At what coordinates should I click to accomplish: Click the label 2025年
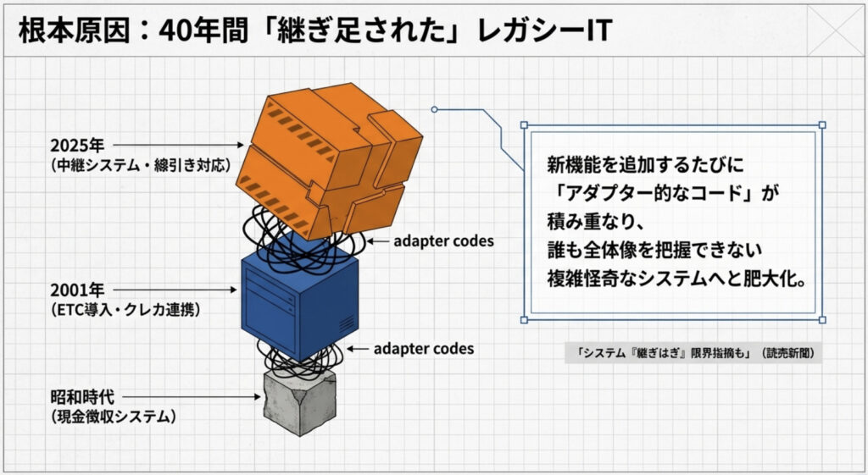point(77,146)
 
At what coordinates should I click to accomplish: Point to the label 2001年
point(77,290)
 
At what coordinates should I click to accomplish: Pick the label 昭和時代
point(82,396)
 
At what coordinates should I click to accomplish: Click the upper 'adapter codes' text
point(443,241)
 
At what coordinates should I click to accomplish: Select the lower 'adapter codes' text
point(424,349)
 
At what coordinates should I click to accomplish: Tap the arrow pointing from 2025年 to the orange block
point(178,145)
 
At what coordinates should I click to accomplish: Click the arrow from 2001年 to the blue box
point(175,290)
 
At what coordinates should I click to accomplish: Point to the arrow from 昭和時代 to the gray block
point(192,396)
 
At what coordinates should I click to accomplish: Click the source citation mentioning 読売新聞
point(693,353)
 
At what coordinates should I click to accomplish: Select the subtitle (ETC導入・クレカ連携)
point(125,309)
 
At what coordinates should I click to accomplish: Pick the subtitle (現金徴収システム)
point(114,416)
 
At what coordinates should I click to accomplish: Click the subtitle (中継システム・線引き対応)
point(140,165)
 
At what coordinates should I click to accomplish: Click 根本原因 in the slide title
point(74,30)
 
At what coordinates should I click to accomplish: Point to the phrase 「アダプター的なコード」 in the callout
point(654,193)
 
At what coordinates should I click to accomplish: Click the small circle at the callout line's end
point(435,109)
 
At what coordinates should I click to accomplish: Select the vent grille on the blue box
point(346,324)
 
